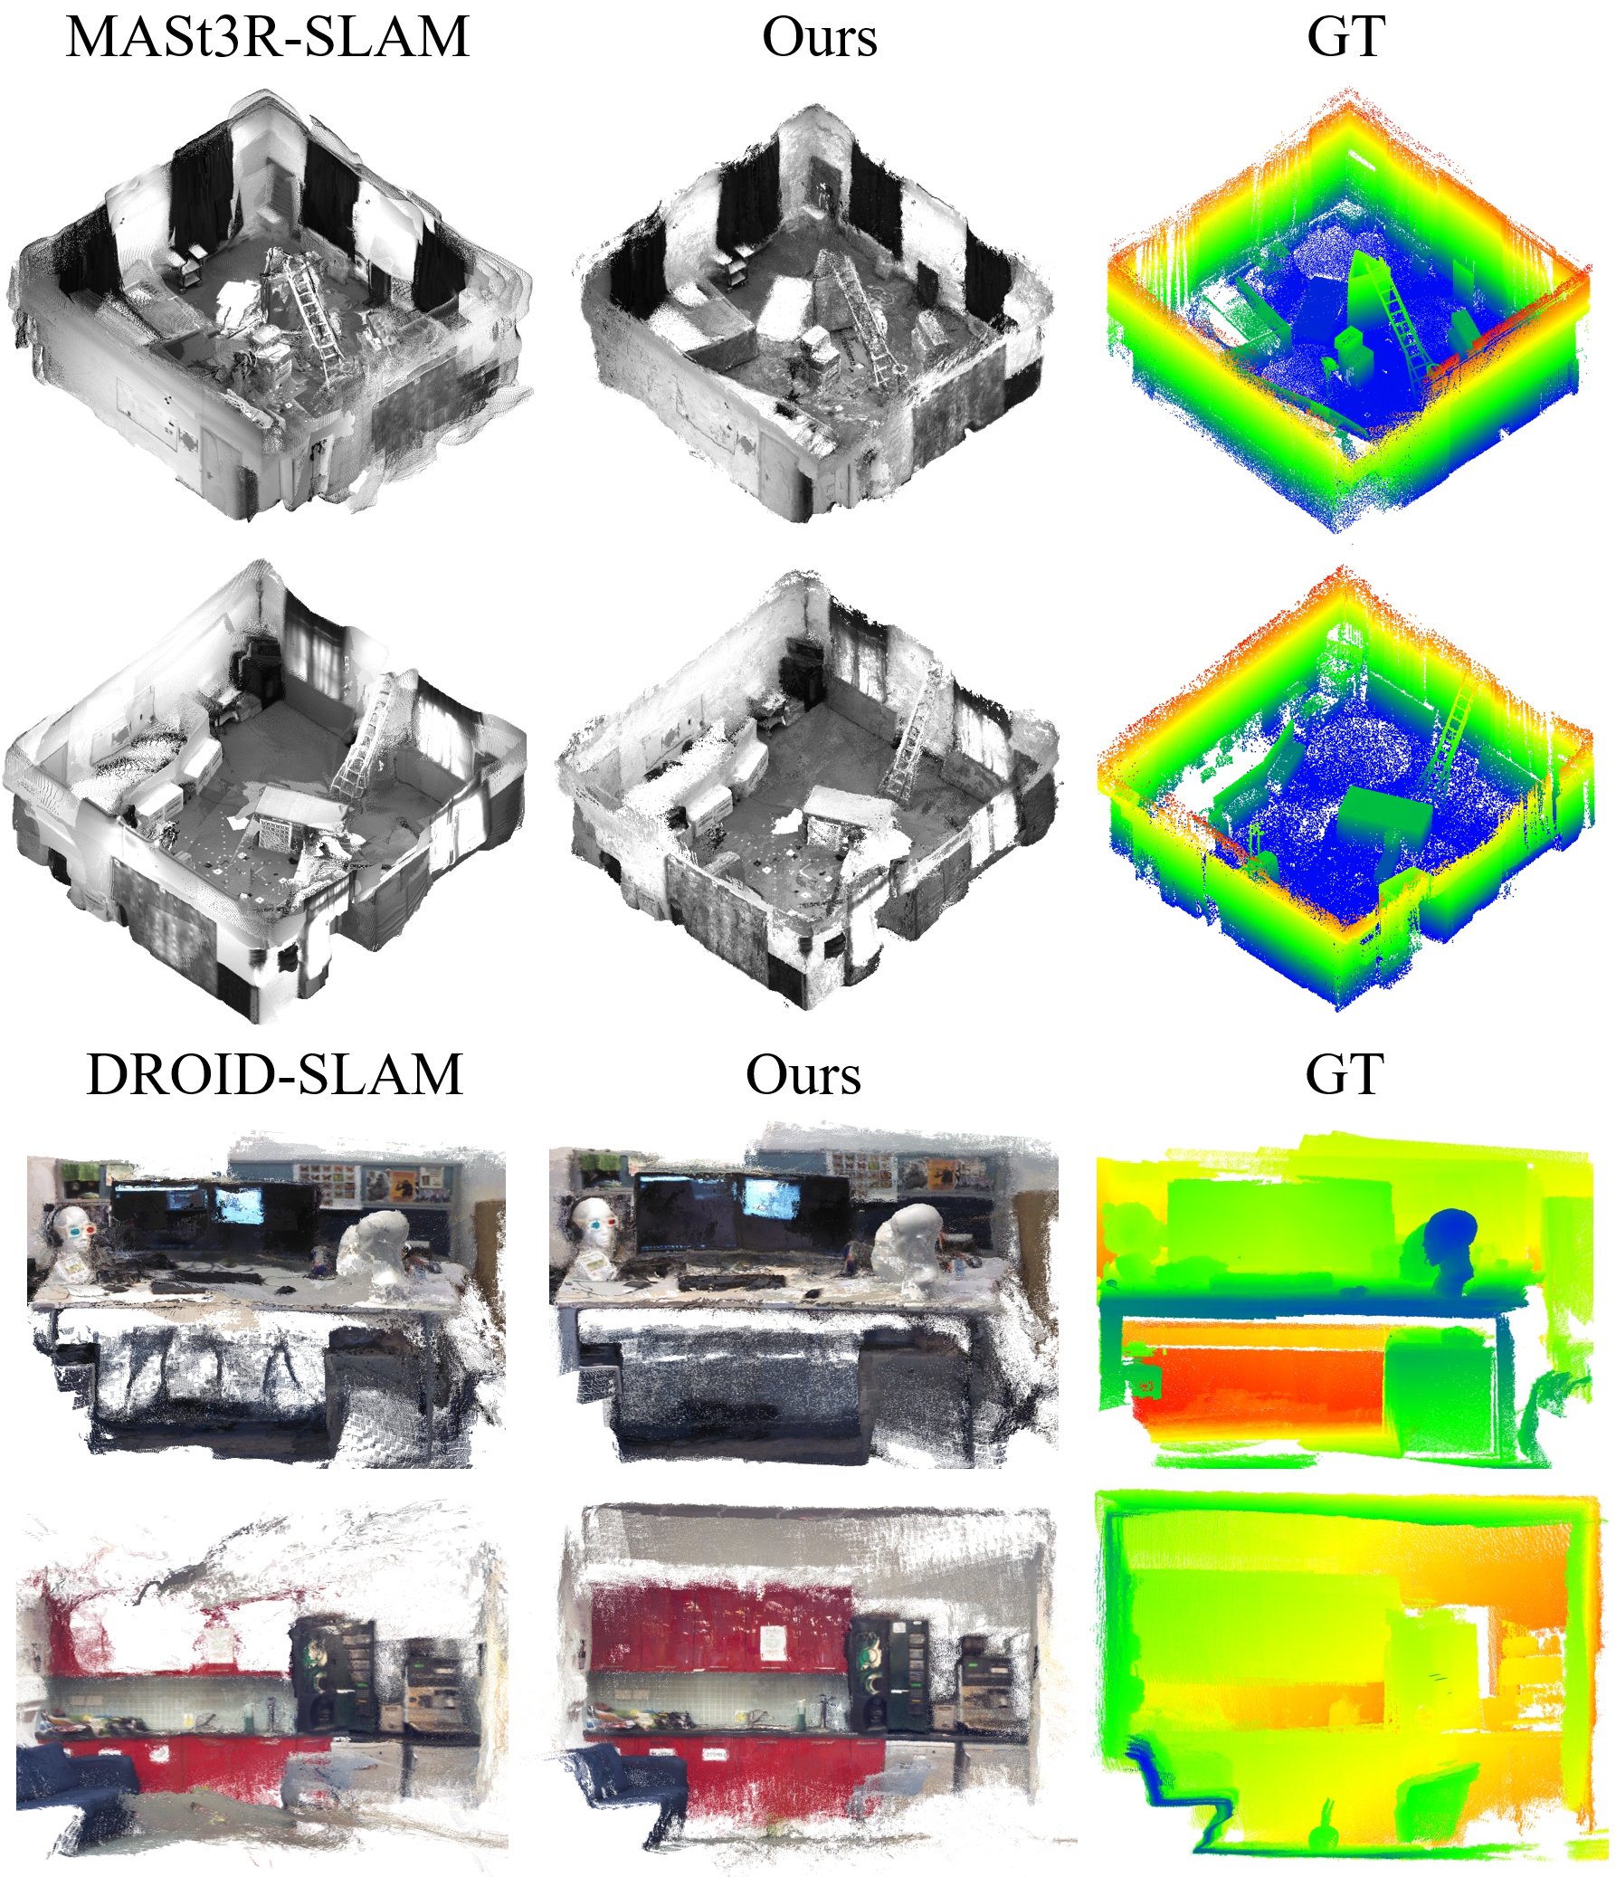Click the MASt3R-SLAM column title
pos(268,37)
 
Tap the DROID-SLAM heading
pos(274,1074)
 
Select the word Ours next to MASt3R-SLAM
pos(820,37)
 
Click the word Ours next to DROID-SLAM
pos(803,1075)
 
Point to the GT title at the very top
pos(1345,37)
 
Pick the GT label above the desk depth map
pos(1345,1075)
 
